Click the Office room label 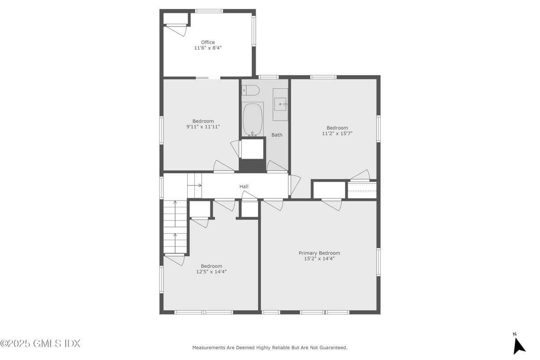pyautogui.click(x=207, y=43)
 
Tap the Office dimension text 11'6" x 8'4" pyautogui.click(x=208, y=48)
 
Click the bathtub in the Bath pyautogui.click(x=253, y=119)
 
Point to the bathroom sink pyautogui.click(x=280, y=104)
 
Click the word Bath pyautogui.click(x=277, y=135)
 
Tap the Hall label pyautogui.click(x=244, y=186)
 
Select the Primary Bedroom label pyautogui.click(x=319, y=253)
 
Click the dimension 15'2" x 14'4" pyautogui.click(x=319, y=258)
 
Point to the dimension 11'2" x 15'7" pyautogui.click(x=337, y=133)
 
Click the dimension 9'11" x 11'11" pyautogui.click(x=203, y=127)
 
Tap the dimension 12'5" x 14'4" pyautogui.click(x=211, y=271)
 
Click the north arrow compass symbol pyautogui.click(x=519, y=344)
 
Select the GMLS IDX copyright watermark pyautogui.click(x=40, y=343)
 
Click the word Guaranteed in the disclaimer pyautogui.click(x=332, y=347)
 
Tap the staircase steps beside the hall pyautogui.click(x=175, y=226)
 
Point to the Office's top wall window pyautogui.click(x=209, y=11)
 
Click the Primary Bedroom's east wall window pyautogui.click(x=378, y=262)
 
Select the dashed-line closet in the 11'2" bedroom pyautogui.click(x=362, y=190)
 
